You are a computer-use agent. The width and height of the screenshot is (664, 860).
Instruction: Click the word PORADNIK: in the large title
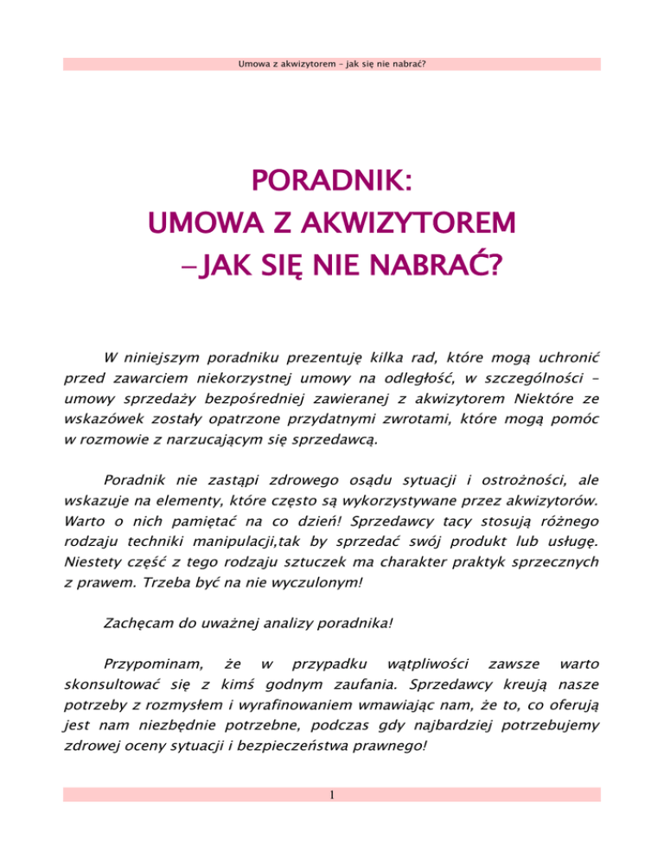point(331,182)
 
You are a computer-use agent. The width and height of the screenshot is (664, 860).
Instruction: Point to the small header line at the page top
point(331,64)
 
